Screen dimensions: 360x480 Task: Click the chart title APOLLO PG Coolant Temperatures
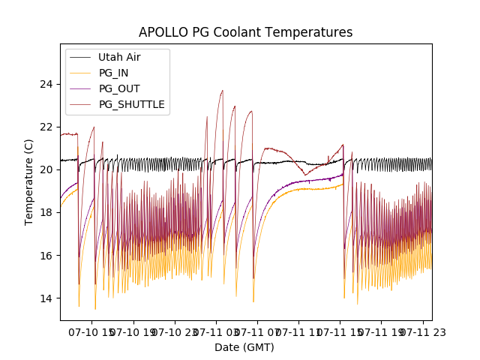pos(245,32)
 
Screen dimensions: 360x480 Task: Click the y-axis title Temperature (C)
pos(29,181)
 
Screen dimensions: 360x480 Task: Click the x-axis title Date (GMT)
pos(244,347)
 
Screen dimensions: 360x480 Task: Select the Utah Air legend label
pos(119,57)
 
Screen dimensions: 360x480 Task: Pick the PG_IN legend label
pos(113,73)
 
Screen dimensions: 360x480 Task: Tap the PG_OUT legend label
pos(118,88)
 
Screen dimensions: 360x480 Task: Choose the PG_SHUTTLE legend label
pos(131,104)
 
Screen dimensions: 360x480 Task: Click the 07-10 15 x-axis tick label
pos(91,331)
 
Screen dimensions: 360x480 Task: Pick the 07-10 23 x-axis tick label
pos(174,331)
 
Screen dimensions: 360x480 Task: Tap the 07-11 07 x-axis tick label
pos(256,331)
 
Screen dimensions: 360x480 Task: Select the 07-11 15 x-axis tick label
pos(339,331)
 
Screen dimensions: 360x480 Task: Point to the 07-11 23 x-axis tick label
pos(421,331)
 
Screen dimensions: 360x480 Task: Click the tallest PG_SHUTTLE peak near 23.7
pos(223,91)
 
